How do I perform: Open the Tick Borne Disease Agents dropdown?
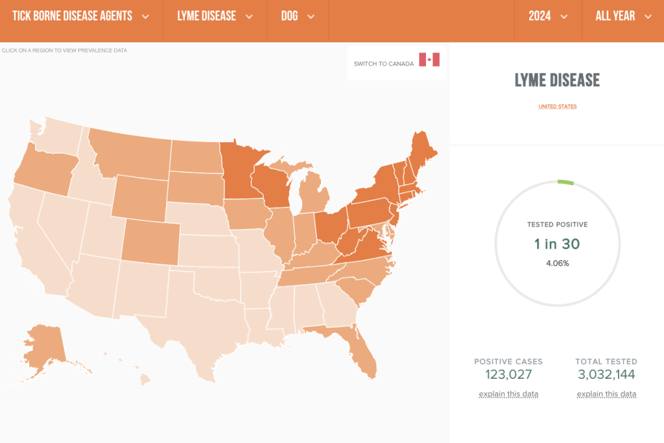pos(80,16)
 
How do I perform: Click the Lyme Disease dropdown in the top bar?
pos(215,16)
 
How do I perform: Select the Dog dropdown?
pos(298,16)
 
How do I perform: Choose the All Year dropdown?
pos(623,16)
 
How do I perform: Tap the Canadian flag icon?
pos(429,60)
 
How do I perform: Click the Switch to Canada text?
pos(383,64)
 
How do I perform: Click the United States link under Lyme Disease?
pos(557,106)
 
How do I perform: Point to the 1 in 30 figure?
pos(557,244)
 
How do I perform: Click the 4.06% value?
pos(557,263)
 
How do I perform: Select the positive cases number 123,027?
pos(508,374)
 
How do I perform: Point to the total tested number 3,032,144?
pos(606,374)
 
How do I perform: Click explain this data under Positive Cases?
pos(508,394)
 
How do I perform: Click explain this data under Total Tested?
pos(606,394)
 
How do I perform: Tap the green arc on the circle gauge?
pos(565,182)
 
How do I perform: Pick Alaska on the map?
pos(45,344)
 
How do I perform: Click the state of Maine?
pos(422,152)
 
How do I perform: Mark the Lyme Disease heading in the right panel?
pos(557,80)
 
